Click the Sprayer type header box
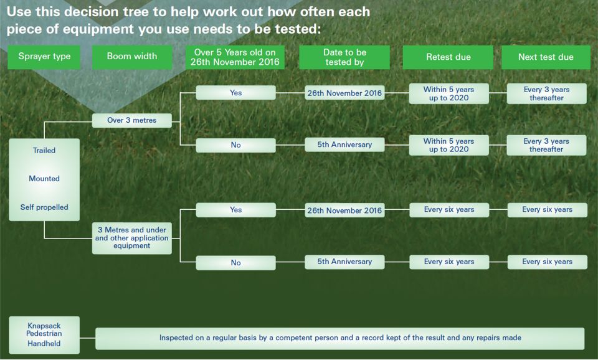pos(44,57)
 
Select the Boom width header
pos(132,57)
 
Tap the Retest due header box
pos(448,57)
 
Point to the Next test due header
pos(546,57)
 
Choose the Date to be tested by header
pos(344,57)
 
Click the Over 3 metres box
pos(132,120)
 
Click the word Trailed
pos(44,150)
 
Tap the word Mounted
pos(44,179)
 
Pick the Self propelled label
pos(44,207)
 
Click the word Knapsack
pos(44,326)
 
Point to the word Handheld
pos(44,343)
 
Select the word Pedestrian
pos(44,333)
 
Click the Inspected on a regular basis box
pos(340,338)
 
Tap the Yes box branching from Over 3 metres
pos(235,93)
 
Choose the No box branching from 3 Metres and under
pos(235,263)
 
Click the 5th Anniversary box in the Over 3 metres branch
pos(344,144)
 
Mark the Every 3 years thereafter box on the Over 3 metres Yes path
pos(546,93)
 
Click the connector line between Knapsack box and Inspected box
pos(88,338)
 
